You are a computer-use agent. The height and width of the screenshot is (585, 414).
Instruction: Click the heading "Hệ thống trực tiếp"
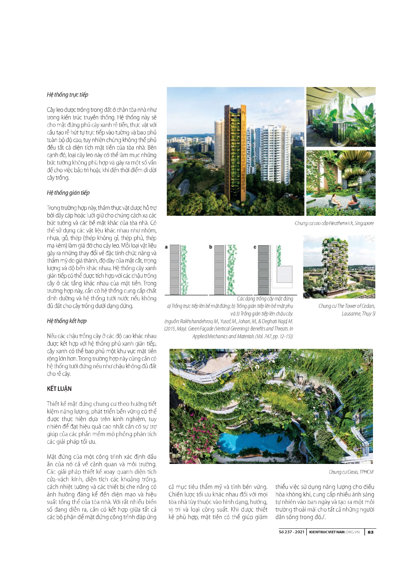(67, 95)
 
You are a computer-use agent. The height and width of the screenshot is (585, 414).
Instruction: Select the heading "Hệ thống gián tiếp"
(68, 193)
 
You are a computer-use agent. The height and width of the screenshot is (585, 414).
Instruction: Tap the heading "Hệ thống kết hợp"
(66, 321)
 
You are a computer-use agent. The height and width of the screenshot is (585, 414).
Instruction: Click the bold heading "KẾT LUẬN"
(59, 389)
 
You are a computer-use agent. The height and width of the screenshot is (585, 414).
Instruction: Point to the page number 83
(370, 532)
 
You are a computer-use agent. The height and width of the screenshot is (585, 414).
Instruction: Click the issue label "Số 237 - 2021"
(291, 532)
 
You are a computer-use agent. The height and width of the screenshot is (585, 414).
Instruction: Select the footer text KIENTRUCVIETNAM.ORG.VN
(334, 532)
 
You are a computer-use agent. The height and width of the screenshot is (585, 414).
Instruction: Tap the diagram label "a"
(166, 247)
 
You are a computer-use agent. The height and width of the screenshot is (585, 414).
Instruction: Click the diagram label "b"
(211, 247)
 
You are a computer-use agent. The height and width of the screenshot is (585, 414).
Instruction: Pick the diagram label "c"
(255, 247)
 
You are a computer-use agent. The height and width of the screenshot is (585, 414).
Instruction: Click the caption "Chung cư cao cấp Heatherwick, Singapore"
(334, 223)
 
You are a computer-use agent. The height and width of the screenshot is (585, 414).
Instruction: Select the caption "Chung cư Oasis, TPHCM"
(351, 472)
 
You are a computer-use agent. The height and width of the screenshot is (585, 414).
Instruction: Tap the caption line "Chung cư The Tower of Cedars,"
(347, 306)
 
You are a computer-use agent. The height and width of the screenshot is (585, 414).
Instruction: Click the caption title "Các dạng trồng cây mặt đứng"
(265, 299)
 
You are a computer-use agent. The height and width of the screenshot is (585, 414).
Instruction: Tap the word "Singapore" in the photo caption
(364, 223)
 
